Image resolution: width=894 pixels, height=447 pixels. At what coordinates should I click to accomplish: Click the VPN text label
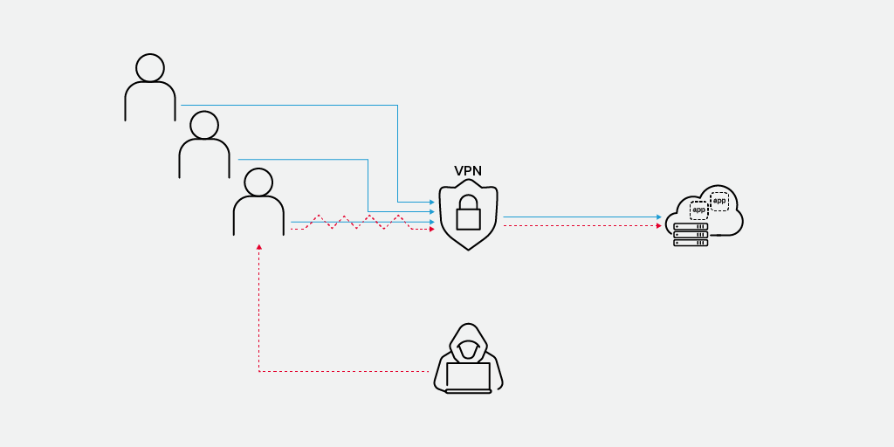pos(468,171)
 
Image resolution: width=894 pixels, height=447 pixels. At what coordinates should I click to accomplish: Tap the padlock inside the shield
pos(469,212)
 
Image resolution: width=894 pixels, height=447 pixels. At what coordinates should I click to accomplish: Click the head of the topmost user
pos(150,68)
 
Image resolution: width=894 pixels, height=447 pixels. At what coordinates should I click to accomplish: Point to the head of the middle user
pos(204,125)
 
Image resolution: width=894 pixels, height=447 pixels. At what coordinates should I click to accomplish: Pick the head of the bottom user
pos(258,182)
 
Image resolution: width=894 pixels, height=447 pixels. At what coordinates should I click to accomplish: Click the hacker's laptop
pos(468,377)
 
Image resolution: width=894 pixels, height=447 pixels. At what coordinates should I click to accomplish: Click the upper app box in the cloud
pos(719,201)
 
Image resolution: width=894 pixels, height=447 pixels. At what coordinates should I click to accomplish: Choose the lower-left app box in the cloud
pos(698,210)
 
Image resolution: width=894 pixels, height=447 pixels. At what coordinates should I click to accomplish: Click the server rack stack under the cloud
pos(691,235)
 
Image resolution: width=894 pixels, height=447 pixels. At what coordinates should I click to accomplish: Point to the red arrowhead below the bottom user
pos(259,247)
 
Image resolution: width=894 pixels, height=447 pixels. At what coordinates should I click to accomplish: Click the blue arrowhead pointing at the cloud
pos(659,217)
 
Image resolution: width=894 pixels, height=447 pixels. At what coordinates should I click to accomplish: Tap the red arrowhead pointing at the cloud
pos(659,226)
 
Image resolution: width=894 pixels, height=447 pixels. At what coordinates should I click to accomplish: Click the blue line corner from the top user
pos(397,106)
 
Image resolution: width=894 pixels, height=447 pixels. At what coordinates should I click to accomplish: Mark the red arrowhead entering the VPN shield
pos(431,229)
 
